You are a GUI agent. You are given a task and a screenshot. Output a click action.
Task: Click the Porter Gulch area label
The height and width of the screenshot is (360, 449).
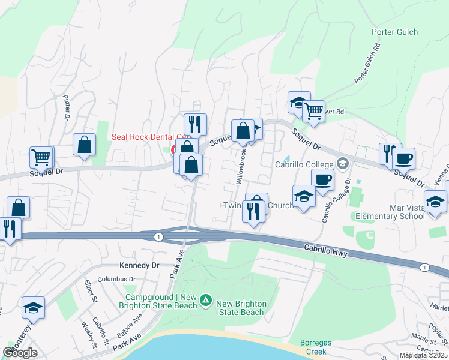pyautogui.click(x=394, y=32)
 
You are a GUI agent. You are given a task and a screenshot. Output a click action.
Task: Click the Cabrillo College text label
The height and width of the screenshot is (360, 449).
pyautogui.click(x=304, y=164)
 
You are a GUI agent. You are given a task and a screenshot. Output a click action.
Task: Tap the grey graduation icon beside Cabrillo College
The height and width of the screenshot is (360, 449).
pyautogui.click(x=343, y=163)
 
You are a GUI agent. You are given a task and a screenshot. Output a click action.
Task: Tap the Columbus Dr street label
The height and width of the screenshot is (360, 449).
pyautogui.click(x=118, y=279)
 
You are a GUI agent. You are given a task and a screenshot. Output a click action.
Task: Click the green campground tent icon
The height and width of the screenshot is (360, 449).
pyautogui.click(x=205, y=299)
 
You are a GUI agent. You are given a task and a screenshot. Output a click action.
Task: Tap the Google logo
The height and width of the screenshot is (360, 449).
pyautogui.click(x=20, y=353)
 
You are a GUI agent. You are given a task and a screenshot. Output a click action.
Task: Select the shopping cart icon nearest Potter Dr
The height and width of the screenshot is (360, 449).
pyautogui.click(x=42, y=157)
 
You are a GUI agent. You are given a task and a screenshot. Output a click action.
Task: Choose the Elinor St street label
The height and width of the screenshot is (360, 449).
pyautogui.click(x=91, y=290)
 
